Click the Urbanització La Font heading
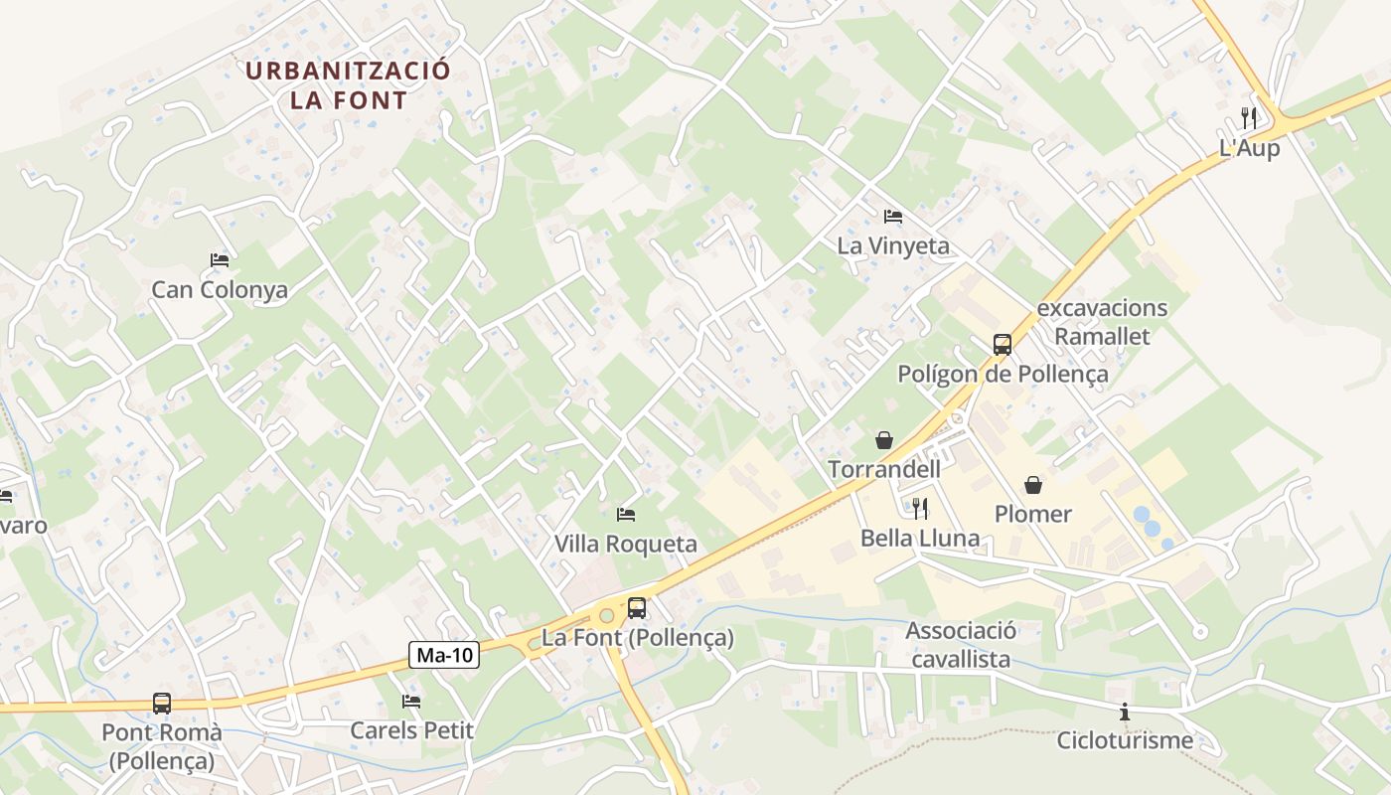[348, 85]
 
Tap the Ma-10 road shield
[444, 655]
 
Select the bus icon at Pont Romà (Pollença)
[162, 704]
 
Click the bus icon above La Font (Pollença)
[637, 608]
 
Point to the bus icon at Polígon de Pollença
[1003, 345]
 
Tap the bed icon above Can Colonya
[220, 260]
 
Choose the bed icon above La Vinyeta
[893, 217]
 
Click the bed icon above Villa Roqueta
[626, 515]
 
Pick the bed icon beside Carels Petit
[411, 702]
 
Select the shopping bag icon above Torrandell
[883, 440]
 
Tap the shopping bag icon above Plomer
[1033, 485]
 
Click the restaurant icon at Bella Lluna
[920, 509]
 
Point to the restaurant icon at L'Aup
[1249, 118]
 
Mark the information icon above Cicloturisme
[1125, 712]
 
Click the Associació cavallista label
[961, 645]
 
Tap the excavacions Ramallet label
[1102, 322]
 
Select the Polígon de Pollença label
[1003, 375]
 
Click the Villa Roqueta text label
[626, 545]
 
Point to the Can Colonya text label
[220, 290]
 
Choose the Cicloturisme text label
[1125, 740]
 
